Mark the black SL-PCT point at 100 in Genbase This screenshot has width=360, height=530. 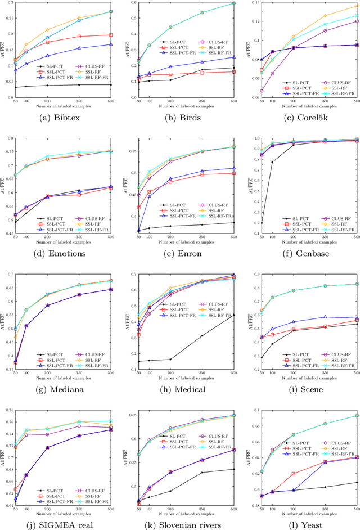click(272, 162)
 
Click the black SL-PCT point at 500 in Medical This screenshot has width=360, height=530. click(233, 315)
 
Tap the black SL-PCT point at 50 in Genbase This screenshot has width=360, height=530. click(262, 223)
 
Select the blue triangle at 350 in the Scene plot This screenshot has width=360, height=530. click(325, 317)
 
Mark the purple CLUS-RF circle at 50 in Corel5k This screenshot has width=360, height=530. click(262, 90)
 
